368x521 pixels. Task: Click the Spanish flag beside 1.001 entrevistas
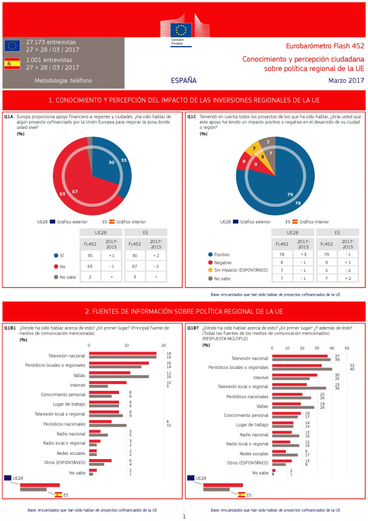pos(12,64)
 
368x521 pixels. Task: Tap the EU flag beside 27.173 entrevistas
pos(12,45)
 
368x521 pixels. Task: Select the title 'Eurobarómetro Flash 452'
pos(325,46)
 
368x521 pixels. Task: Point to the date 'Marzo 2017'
pos(346,80)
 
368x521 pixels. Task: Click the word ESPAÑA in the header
pos(184,80)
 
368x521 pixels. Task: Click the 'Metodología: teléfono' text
pos(64,80)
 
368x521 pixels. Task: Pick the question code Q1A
pos(9,115)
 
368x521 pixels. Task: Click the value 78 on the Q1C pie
pos(298,203)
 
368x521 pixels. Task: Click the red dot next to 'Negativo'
pos(210,261)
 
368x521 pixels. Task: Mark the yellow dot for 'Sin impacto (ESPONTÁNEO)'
pos(210,269)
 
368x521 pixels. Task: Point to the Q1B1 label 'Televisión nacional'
pos(67,355)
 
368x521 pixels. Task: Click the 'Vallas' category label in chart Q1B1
pos(79,374)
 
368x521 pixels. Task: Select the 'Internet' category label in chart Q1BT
pos(261,377)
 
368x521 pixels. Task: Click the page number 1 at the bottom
pos(184,516)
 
